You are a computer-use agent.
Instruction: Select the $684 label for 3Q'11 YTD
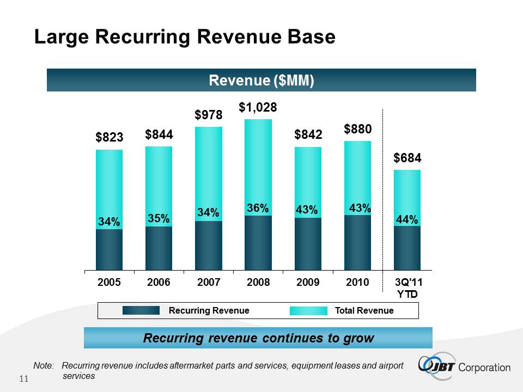[x=408, y=158]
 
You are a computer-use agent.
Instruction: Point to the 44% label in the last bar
[x=408, y=220]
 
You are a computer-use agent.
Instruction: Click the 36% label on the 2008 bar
[x=258, y=209]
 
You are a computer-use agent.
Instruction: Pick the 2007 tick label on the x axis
[x=209, y=283]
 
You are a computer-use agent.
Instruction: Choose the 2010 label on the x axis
[x=357, y=283]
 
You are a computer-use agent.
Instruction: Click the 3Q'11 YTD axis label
[x=407, y=288]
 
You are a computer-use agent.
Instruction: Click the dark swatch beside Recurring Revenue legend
[x=141, y=310]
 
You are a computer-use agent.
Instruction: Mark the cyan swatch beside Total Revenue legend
[x=308, y=310]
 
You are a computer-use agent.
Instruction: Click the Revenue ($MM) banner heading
[x=261, y=81]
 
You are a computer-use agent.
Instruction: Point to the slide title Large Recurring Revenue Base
[x=185, y=38]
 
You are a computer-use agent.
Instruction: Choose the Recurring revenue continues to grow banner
[x=258, y=338]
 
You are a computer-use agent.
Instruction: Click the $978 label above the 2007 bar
[x=208, y=115]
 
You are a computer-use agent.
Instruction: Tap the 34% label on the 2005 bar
[x=109, y=222]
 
